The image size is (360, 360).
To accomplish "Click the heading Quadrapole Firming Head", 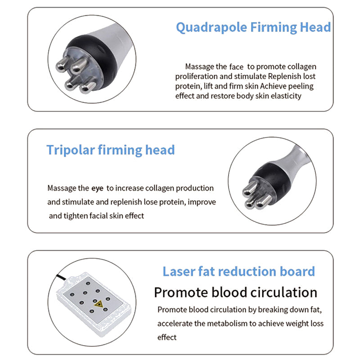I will click(253, 27).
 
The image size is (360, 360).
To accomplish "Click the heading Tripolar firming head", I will click(110, 150).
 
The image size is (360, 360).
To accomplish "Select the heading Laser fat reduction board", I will click(238, 271).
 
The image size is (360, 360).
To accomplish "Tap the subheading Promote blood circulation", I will click(235, 292).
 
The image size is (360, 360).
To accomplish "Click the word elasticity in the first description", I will click(283, 96).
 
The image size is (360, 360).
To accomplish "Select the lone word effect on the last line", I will click(167, 337).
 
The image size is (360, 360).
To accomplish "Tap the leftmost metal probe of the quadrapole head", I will click(61, 67).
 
